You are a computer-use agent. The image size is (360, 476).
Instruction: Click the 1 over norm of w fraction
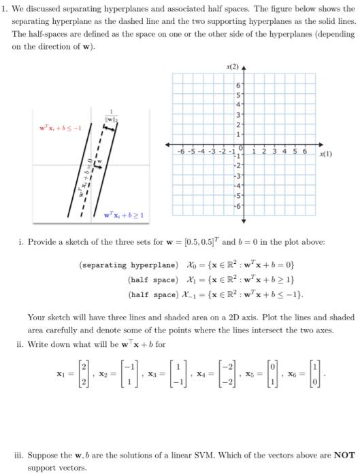pyautogui.click(x=127, y=116)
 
